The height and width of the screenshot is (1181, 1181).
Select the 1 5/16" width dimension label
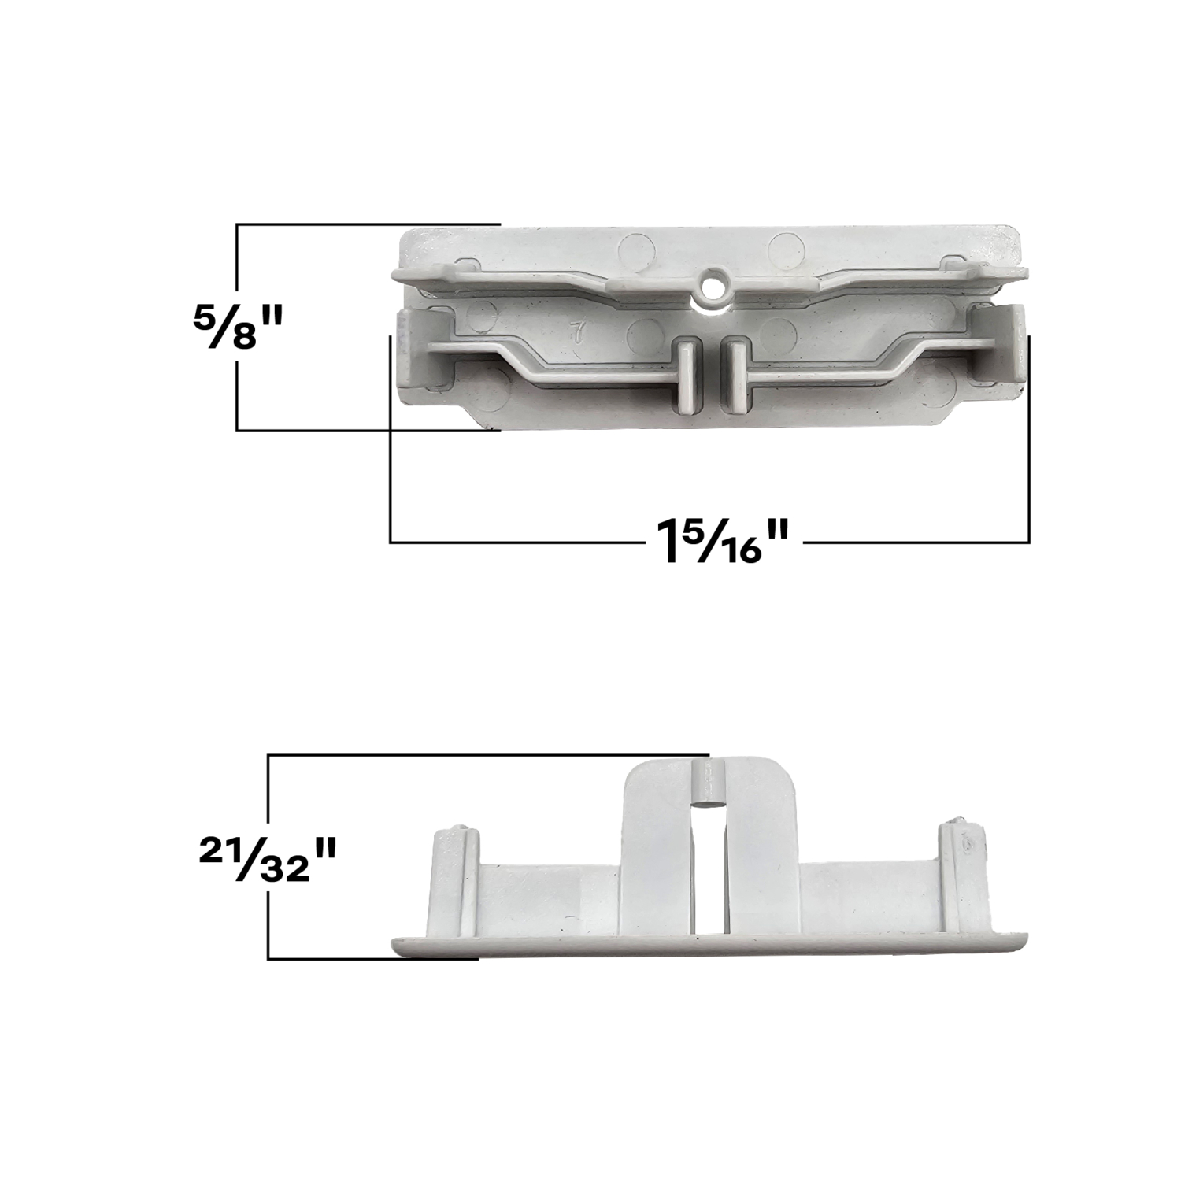tap(714, 541)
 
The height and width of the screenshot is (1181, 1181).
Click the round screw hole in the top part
tap(714, 286)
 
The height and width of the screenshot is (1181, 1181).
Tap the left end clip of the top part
tap(416, 347)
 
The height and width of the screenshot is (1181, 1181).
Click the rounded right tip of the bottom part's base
tap(1019, 942)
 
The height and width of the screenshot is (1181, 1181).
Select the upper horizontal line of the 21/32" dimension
tap(488, 755)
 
